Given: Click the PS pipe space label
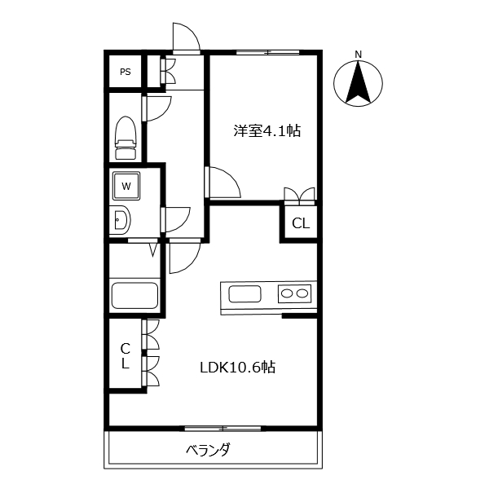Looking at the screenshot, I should click(x=126, y=72).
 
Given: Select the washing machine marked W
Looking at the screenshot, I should click(x=126, y=186).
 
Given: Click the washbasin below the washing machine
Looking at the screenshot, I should click(x=120, y=220).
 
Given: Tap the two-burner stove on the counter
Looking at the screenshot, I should click(x=294, y=293).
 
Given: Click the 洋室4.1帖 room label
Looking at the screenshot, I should click(x=267, y=130).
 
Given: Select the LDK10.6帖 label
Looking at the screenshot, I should click(x=237, y=368).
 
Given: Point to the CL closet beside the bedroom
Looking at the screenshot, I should click(x=300, y=222).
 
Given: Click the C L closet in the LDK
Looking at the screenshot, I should click(x=126, y=355).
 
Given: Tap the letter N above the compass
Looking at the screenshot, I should click(x=358, y=55).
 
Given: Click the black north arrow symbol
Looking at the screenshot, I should click(x=358, y=84).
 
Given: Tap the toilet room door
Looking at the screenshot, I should click(x=156, y=108).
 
